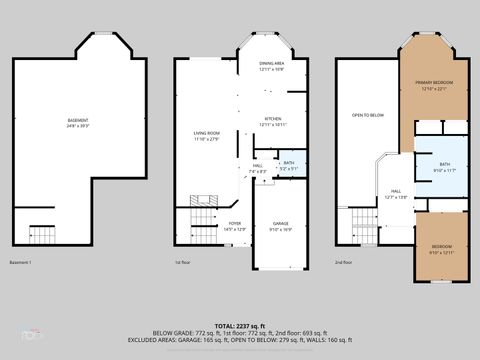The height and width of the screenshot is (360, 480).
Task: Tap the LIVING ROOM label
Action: (207, 133)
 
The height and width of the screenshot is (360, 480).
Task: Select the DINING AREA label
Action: (272, 64)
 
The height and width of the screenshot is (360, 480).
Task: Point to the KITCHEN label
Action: (273, 119)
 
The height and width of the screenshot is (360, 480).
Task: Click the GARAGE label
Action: (281, 224)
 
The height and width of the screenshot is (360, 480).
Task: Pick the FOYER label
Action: (234, 224)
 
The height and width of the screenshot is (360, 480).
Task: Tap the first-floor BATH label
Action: (289, 163)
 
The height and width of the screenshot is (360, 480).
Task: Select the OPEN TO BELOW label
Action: (368, 115)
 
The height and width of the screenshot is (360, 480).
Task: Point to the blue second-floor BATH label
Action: (443, 165)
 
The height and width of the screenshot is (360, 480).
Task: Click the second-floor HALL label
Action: (396, 191)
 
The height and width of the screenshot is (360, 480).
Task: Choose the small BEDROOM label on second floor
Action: (441, 247)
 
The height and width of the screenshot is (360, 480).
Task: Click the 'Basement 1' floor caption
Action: (21, 263)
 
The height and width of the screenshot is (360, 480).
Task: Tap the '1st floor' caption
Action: (183, 263)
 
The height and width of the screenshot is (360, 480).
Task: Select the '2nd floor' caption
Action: (344, 263)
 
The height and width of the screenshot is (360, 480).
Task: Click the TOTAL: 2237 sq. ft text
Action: (240, 326)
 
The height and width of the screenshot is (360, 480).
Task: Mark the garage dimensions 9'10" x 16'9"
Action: (281, 229)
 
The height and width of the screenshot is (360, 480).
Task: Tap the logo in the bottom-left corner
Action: (22, 334)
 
